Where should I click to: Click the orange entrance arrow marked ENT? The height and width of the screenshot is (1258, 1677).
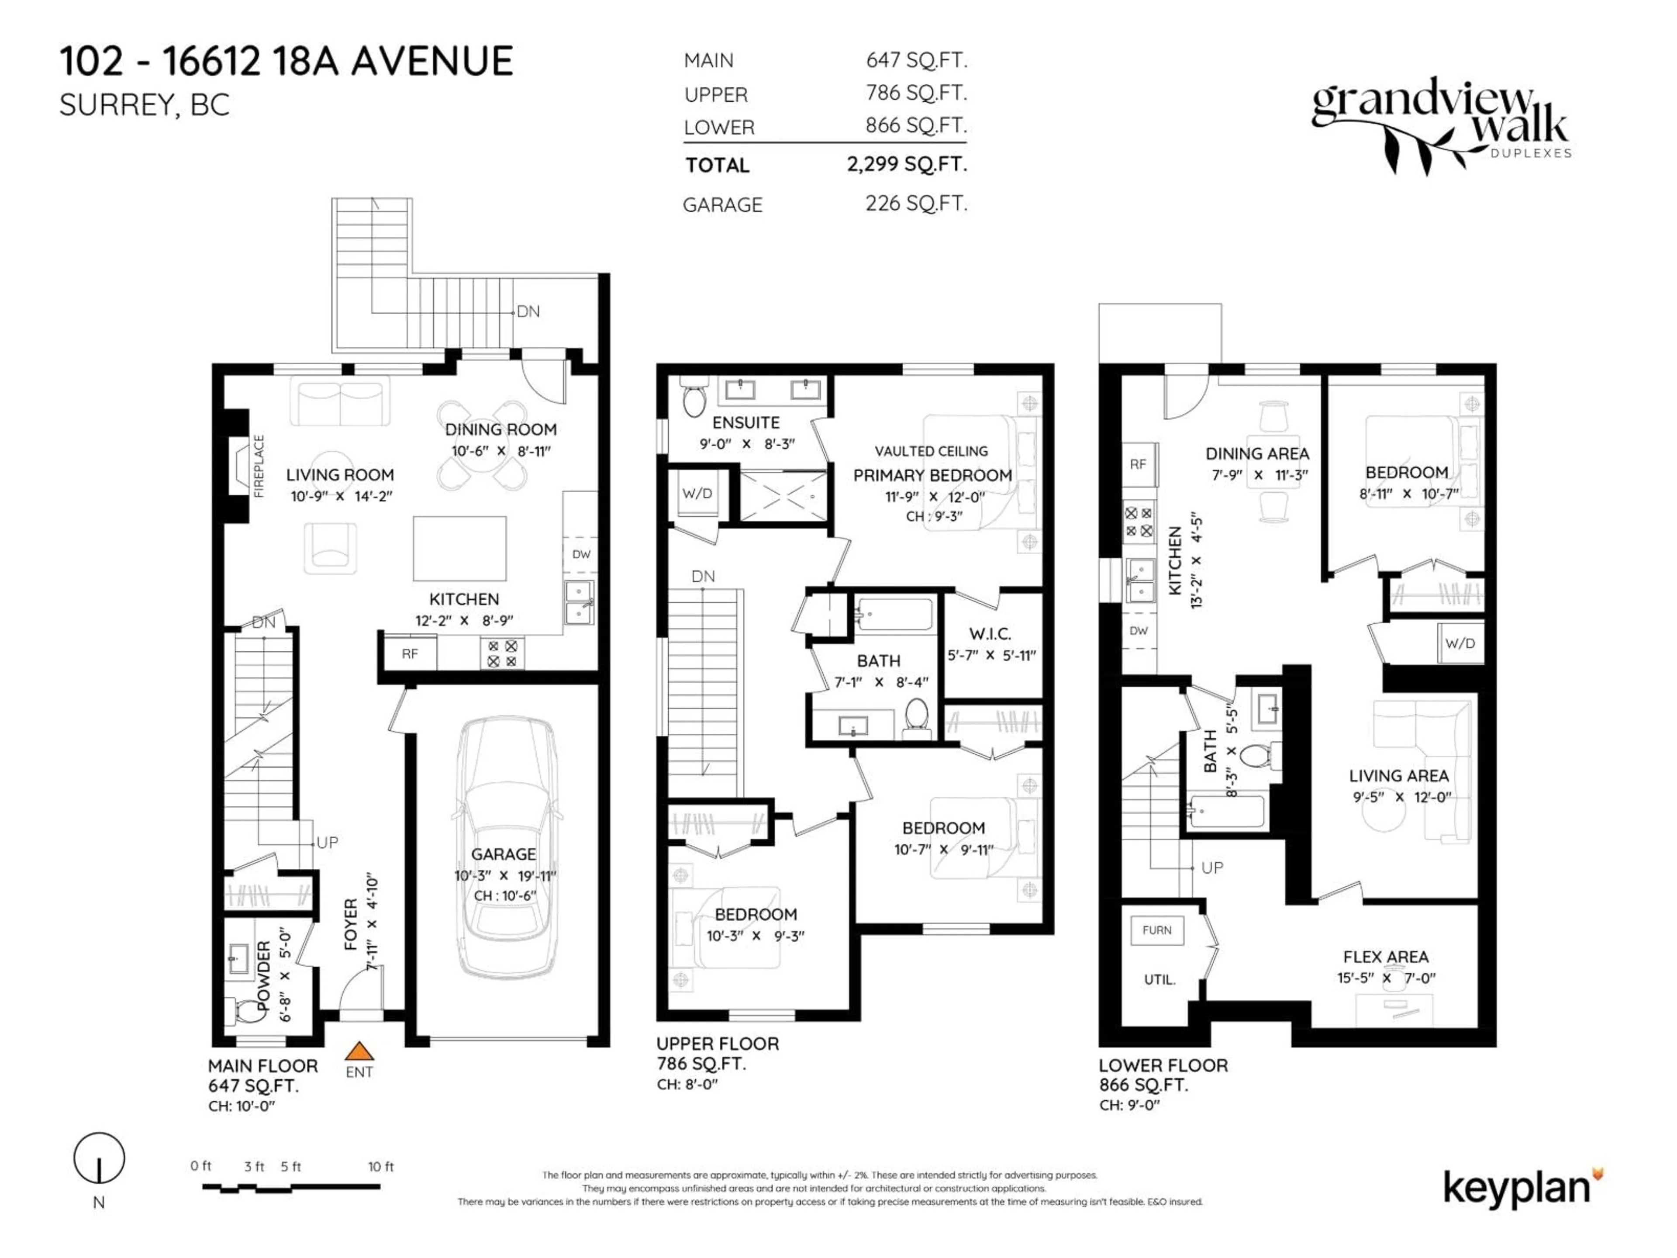(359, 1052)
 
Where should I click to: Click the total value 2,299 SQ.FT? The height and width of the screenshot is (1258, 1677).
(907, 164)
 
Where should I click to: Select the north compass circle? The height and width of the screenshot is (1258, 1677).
(99, 1158)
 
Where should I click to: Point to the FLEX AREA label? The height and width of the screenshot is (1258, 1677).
(1386, 957)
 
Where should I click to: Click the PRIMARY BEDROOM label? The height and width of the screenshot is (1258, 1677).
(932, 475)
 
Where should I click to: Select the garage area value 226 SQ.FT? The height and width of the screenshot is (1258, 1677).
(916, 203)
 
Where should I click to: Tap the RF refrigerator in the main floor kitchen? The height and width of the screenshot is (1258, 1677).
(409, 653)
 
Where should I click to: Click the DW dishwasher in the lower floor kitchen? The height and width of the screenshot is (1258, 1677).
(1138, 631)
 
